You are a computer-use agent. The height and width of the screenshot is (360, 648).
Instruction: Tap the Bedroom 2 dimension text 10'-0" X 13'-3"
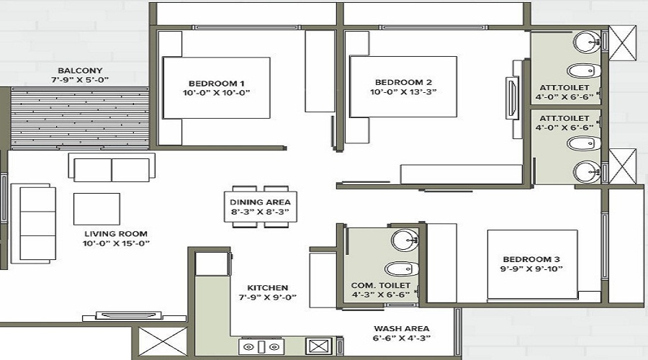click(x=403, y=91)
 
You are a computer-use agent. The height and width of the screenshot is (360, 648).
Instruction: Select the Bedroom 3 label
click(x=531, y=260)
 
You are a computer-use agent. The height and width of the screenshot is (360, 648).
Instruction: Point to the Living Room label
click(x=116, y=234)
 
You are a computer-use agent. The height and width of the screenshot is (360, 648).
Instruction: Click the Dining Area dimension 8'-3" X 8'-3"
click(x=260, y=212)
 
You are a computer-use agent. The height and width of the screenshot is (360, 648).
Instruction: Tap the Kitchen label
click(x=267, y=288)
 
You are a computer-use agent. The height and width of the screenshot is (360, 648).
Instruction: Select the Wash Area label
click(x=401, y=328)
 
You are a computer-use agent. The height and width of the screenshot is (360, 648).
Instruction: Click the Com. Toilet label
click(x=381, y=285)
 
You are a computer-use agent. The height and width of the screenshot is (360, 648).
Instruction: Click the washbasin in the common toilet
click(x=405, y=240)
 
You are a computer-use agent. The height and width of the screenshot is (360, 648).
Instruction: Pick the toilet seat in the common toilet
click(x=402, y=269)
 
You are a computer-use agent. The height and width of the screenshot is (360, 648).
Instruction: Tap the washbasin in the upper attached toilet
click(x=588, y=41)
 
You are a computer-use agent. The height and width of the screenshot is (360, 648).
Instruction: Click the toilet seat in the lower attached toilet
click(x=584, y=143)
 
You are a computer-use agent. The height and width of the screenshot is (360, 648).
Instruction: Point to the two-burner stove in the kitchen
click(x=261, y=347)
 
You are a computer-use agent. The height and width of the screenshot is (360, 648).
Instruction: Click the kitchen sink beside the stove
click(x=319, y=346)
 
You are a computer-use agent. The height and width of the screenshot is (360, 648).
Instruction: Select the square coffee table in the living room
click(x=96, y=209)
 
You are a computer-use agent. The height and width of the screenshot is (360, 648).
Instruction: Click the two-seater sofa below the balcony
click(x=112, y=168)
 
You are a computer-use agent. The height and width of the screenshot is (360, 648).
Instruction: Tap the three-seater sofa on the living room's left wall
click(x=33, y=224)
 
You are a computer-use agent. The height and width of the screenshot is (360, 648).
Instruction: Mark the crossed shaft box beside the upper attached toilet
click(x=623, y=43)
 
